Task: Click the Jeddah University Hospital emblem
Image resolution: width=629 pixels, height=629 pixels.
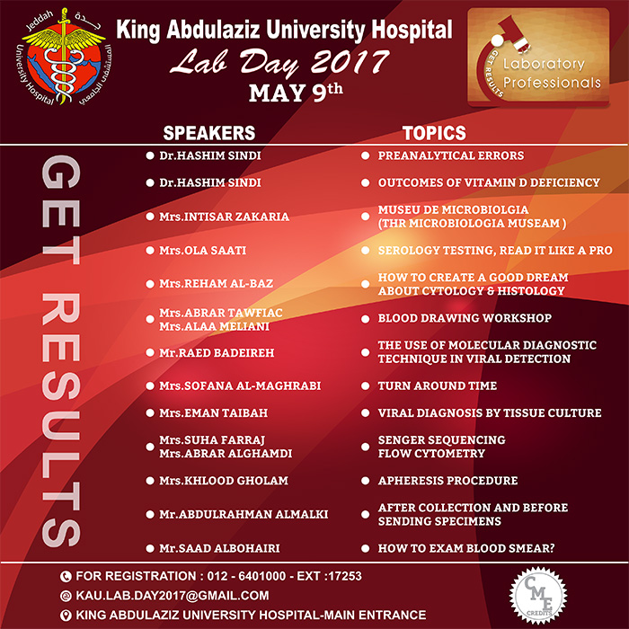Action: click(x=64, y=58)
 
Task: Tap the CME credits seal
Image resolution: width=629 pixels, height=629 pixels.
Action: click(x=538, y=596)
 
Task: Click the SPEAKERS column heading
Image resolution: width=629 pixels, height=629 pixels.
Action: click(x=209, y=133)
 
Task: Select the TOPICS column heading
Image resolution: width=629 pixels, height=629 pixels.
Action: click(x=434, y=133)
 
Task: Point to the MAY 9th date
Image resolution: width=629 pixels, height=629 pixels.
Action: click(x=296, y=93)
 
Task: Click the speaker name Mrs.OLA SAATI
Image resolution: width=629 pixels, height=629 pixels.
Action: click(x=202, y=251)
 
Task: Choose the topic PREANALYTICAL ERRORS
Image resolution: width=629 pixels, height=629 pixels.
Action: click(x=451, y=155)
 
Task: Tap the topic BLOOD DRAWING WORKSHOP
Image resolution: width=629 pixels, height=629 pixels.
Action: click(x=465, y=318)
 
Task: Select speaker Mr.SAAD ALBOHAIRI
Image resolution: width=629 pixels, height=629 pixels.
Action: click(x=219, y=548)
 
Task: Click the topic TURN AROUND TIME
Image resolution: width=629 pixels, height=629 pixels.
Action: click(x=438, y=385)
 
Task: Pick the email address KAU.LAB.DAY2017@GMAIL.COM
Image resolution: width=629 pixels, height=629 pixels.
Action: click(x=173, y=596)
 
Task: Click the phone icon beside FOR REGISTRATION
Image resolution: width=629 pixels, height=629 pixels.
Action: click(x=66, y=577)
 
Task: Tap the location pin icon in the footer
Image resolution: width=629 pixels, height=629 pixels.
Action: click(x=66, y=616)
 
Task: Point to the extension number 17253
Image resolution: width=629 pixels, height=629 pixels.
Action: click(x=345, y=576)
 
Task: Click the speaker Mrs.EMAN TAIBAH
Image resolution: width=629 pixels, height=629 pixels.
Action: click(x=214, y=413)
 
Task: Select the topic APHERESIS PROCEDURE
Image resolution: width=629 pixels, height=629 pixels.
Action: click(x=447, y=481)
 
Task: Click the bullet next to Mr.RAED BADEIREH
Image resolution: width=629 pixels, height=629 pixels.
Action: click(x=150, y=352)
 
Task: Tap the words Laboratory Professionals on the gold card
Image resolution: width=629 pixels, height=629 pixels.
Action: click(x=552, y=73)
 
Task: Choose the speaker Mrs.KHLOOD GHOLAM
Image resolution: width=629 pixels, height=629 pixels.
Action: click(x=224, y=481)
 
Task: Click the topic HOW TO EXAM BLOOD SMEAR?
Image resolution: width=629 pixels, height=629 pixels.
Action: click(x=466, y=548)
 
